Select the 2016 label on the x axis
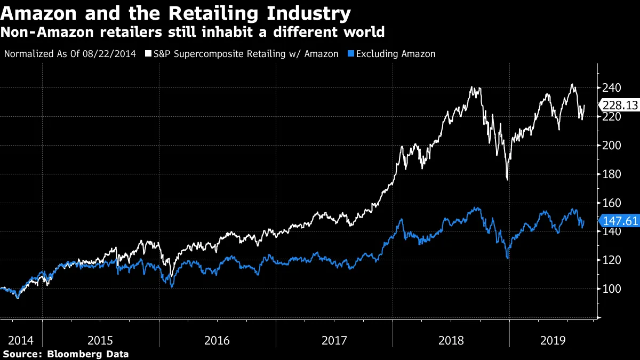tap(218, 340)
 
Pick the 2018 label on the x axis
tap(451, 340)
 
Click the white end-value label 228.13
tap(620, 106)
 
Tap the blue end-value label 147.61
tap(620, 221)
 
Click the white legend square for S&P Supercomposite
tap(148, 54)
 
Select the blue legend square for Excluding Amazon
tap(350, 54)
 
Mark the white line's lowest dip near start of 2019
tap(507, 180)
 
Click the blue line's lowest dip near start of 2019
tap(507, 258)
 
